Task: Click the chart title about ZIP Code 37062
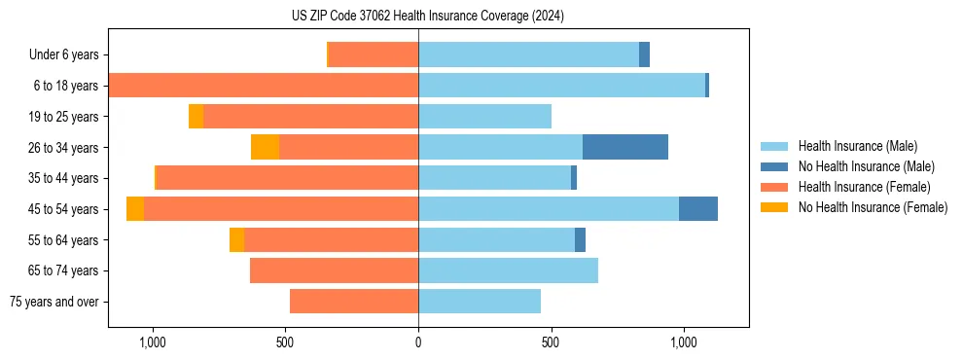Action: coord(428,17)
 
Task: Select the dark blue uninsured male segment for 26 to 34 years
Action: coord(624,147)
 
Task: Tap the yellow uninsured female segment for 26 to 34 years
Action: coord(265,147)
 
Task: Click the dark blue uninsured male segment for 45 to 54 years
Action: coord(697,209)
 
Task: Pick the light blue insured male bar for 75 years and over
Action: coord(480,302)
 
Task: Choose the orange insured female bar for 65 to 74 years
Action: coord(334,270)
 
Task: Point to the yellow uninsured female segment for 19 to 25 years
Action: coord(196,117)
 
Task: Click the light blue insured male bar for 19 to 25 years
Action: coord(484,117)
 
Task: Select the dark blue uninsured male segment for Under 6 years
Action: coord(644,54)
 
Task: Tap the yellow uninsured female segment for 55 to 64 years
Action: coord(236,239)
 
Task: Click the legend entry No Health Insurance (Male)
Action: coord(866,166)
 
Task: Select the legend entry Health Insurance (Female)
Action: coord(864,187)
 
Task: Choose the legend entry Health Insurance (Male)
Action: coord(857,146)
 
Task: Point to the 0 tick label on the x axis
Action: coord(418,343)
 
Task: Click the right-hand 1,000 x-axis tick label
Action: coord(683,343)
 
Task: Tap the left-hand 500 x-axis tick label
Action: coord(285,343)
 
